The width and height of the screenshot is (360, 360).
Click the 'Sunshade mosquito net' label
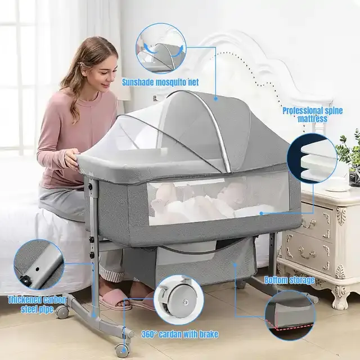click(x=160, y=82)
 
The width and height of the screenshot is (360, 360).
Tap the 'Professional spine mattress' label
click(x=312, y=115)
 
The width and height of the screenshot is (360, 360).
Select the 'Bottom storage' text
click(x=289, y=280)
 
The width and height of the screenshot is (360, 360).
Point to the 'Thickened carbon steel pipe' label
click(x=37, y=304)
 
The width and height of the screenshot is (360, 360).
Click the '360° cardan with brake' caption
click(x=180, y=334)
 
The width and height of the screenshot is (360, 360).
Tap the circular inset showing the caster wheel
click(x=179, y=300)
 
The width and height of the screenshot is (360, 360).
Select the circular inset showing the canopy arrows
click(x=161, y=48)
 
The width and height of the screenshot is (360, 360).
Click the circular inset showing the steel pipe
click(x=39, y=264)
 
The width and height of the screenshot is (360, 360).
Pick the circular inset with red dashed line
click(x=290, y=315)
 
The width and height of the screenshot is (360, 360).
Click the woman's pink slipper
click(x=114, y=299)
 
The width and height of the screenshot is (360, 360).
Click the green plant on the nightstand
click(x=349, y=151)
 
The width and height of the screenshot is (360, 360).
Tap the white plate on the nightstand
click(x=335, y=189)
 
